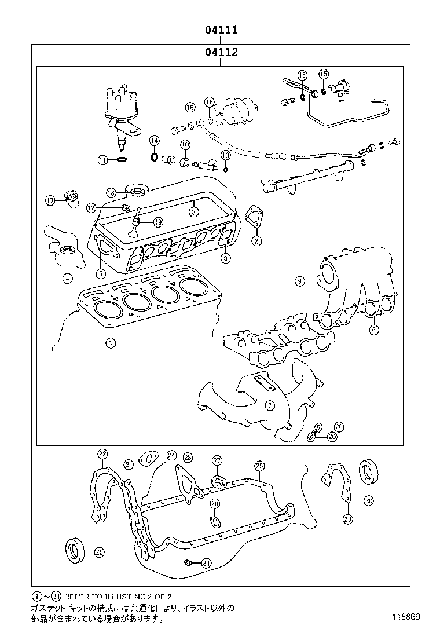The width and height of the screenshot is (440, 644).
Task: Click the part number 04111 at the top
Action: [x=221, y=30]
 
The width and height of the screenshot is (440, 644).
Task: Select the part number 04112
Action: [x=221, y=53]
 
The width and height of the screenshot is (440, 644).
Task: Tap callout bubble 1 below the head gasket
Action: [x=109, y=343]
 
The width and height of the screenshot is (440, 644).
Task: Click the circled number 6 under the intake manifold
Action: [x=374, y=330]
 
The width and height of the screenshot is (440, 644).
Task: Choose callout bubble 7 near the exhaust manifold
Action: [x=270, y=405]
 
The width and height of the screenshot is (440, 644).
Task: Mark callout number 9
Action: [x=299, y=281]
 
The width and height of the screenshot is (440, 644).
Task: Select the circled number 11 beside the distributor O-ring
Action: [x=103, y=160]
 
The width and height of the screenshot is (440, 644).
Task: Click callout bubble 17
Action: [x=50, y=200]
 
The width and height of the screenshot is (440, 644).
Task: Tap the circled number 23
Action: [x=347, y=519]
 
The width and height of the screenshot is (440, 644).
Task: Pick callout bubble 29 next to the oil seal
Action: [x=99, y=551]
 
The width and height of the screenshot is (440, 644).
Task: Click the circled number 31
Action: [x=206, y=562]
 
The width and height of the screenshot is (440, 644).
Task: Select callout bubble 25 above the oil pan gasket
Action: [x=259, y=466]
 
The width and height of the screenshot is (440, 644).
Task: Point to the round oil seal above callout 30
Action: [x=367, y=471]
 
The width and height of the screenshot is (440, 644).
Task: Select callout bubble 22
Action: [x=102, y=453]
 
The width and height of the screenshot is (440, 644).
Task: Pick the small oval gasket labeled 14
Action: [x=154, y=156]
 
